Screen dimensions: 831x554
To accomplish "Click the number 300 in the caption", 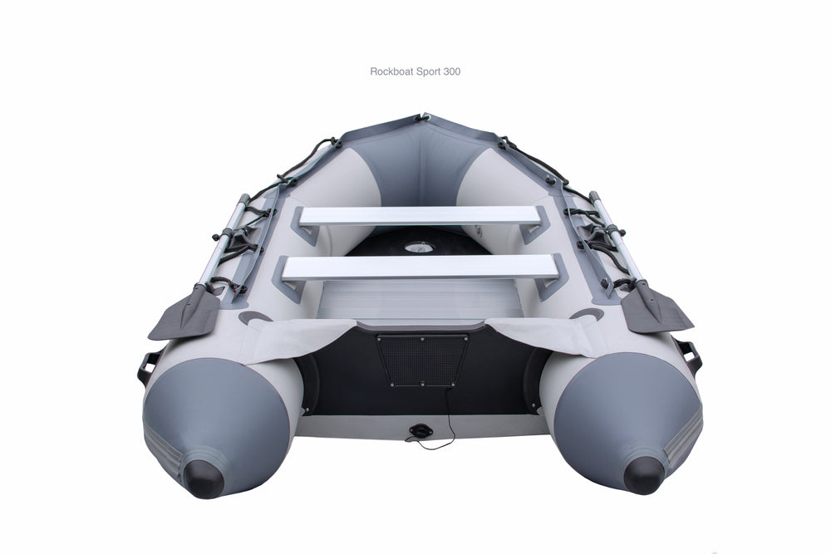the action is pos(452,71).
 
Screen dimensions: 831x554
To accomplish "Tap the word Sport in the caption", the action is pos(428,72).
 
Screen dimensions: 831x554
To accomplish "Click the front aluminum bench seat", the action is pos(420,216).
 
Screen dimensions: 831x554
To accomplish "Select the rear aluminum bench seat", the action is pos(420,268).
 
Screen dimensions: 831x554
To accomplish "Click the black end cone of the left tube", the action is pos(203,478).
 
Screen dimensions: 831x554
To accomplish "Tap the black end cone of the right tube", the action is pos(643,475).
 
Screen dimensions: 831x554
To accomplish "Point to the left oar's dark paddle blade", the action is pos(185,312).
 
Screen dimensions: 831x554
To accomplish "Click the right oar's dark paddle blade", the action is pos(656,309).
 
